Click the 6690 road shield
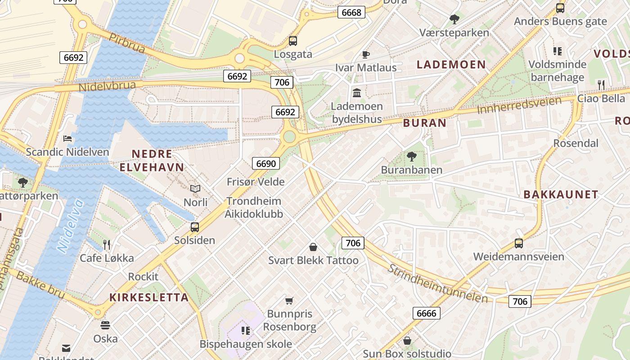(266, 163)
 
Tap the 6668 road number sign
(351, 12)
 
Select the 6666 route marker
(426, 313)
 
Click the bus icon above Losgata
(293, 41)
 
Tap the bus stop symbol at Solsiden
(195, 227)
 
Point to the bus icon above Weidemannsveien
(519, 243)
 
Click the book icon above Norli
(195, 189)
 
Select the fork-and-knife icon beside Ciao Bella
(601, 84)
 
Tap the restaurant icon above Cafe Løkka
(107, 245)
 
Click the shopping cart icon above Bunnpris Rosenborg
(289, 301)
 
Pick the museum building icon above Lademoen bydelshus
(357, 93)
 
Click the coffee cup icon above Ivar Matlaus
(366, 55)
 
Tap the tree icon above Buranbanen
(411, 157)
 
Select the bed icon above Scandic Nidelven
(67, 139)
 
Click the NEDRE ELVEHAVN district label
(152, 161)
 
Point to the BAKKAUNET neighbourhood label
(561, 194)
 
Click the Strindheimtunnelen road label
(437, 283)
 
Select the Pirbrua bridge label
(127, 43)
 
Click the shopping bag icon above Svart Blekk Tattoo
(313, 247)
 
